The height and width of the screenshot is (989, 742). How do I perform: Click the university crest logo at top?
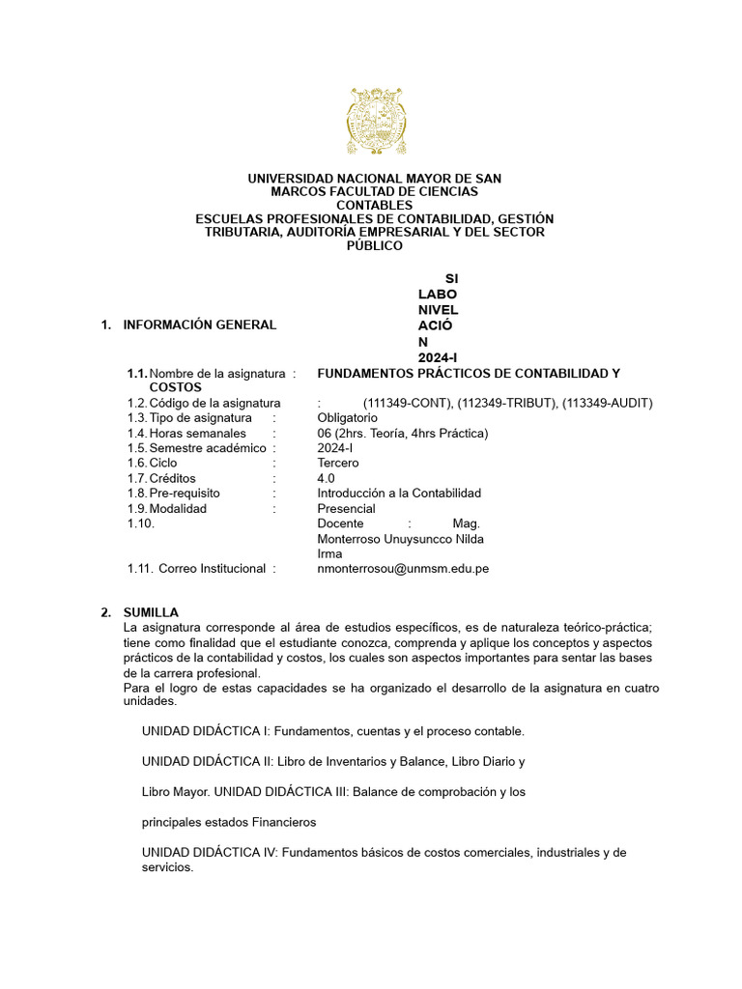(374, 121)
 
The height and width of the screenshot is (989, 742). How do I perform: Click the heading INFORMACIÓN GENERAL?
(199, 325)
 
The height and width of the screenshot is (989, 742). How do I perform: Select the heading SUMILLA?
(150, 612)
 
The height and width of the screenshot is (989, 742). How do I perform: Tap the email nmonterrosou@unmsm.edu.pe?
(403, 569)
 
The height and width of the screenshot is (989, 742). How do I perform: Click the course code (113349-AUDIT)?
(607, 403)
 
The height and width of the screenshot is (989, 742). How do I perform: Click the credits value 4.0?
(327, 478)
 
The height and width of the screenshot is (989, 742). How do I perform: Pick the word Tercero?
(338, 463)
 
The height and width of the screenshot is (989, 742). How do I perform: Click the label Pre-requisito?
(185, 493)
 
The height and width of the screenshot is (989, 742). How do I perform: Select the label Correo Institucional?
(212, 569)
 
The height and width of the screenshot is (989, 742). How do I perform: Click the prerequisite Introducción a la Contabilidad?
(399, 493)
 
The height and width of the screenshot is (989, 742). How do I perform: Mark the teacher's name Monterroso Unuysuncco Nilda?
(401, 538)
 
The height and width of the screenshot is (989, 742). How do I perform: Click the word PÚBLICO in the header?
(374, 246)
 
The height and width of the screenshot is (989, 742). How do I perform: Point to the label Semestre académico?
(207, 448)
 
